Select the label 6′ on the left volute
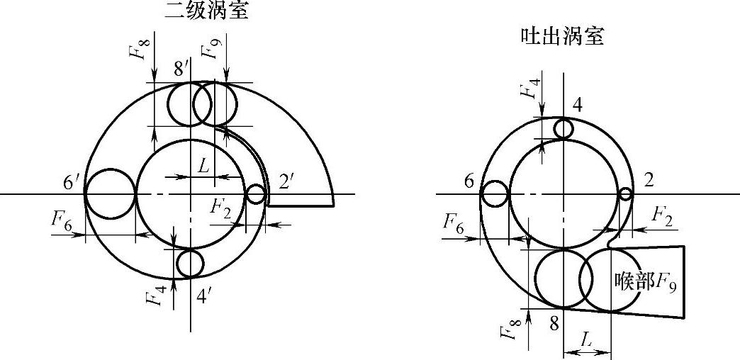72,182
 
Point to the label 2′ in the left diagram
287,182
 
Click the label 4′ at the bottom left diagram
203,296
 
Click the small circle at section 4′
190,264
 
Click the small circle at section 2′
255,193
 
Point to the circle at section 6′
110,193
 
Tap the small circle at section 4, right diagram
564,129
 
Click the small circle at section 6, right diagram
495,193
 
